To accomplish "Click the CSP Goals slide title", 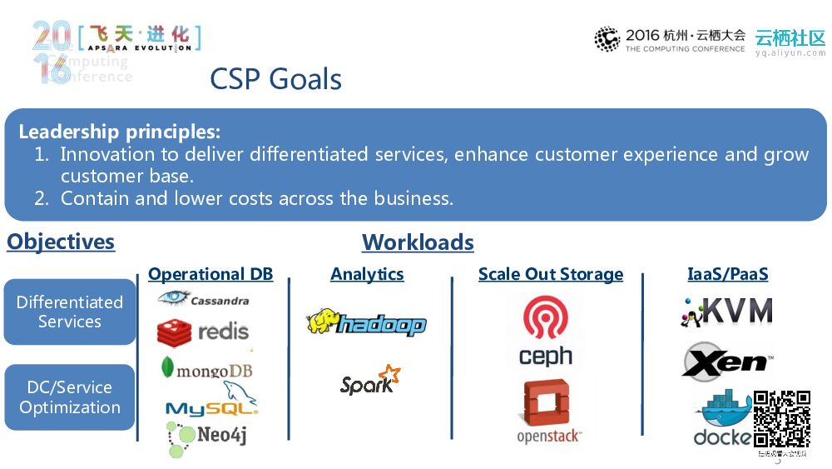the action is (x=275, y=79).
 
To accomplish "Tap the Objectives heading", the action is (x=61, y=242).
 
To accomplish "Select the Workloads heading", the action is (x=418, y=242).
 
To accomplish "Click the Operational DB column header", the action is (x=210, y=274).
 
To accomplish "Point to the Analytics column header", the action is (x=367, y=274).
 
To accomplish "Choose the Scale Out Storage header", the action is (x=551, y=274).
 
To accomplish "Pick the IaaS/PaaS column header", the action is (x=728, y=274).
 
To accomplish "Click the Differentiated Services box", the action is (x=70, y=312).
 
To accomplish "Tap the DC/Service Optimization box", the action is (x=70, y=397).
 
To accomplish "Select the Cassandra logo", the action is (x=204, y=299).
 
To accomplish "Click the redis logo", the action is (x=204, y=332).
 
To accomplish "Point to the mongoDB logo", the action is (x=207, y=368).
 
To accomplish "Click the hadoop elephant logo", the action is (x=366, y=323).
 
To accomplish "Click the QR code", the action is (x=782, y=418).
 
